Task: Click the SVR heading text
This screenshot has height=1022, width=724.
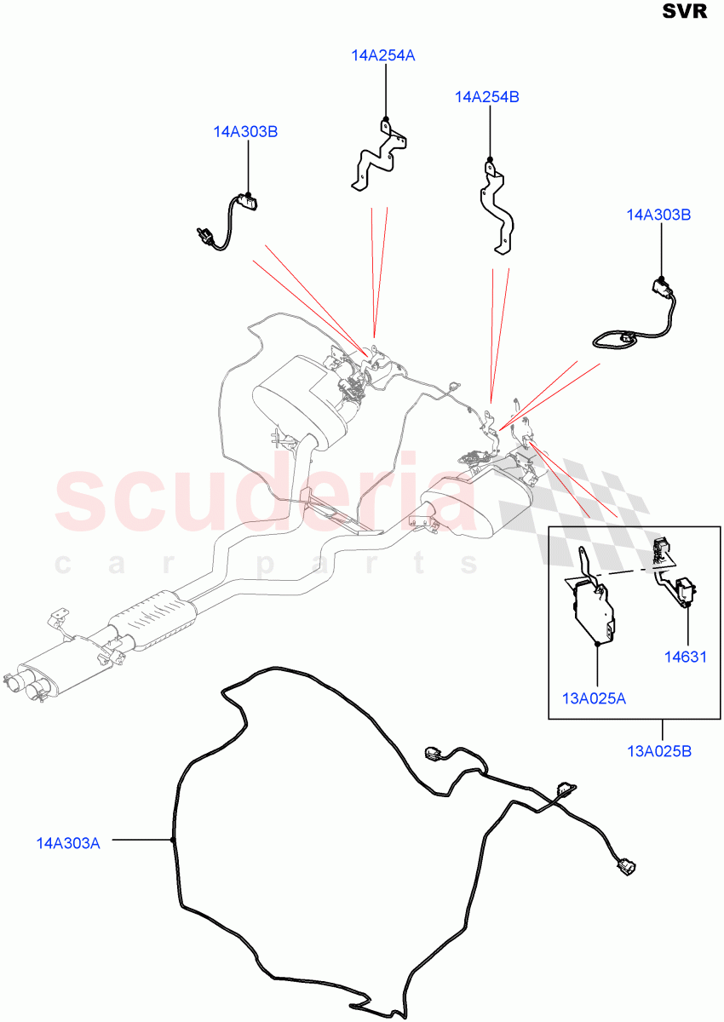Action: pos(685,14)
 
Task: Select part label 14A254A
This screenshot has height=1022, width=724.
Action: pos(382,55)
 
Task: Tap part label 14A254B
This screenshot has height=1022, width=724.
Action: pos(487,97)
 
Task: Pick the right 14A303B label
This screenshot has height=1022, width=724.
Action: pos(658,215)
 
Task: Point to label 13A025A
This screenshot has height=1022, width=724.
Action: pos(595,698)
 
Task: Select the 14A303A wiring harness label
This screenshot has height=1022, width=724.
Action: pos(68,843)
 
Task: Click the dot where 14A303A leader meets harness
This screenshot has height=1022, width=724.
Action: pos(172,841)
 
